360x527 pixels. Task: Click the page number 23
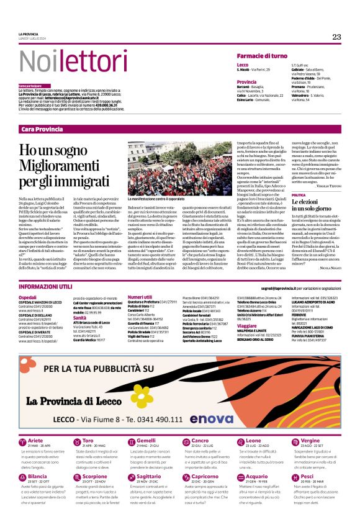[336, 37]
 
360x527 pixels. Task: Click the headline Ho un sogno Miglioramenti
[64, 165]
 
